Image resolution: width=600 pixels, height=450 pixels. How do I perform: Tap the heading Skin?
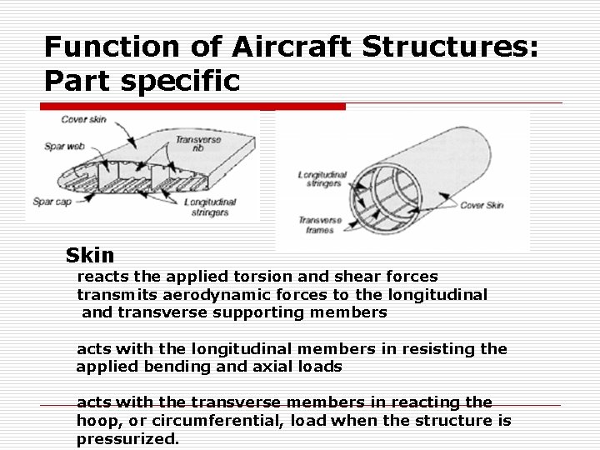89,255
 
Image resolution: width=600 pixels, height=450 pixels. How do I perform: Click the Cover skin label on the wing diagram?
84,119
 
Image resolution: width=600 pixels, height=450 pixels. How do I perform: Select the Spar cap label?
52,202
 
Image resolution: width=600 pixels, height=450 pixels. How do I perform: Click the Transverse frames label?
321,225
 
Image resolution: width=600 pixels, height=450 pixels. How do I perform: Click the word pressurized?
127,439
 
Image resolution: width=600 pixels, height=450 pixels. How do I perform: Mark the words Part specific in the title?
142,81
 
